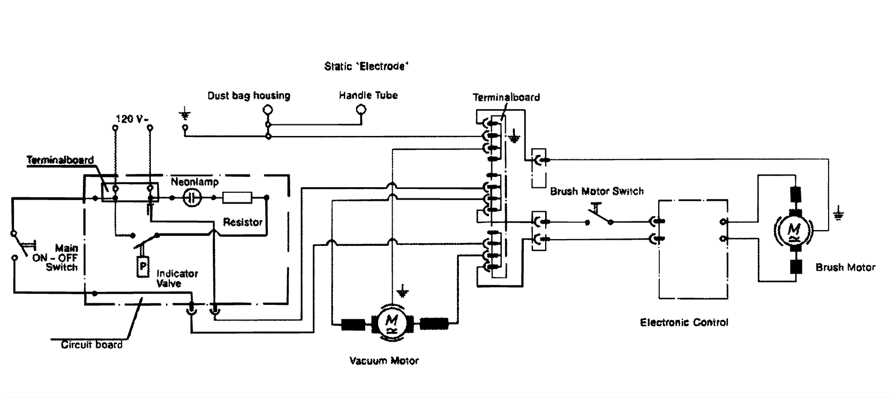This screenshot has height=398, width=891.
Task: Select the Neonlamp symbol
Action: pyautogui.click(x=192, y=197)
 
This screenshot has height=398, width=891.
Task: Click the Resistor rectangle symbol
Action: pyautogui.click(x=237, y=197)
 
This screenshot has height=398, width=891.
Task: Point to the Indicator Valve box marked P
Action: pyautogui.click(x=143, y=267)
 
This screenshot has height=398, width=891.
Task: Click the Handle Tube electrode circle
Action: pyautogui.click(x=361, y=110)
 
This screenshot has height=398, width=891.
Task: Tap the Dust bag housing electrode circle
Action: pyautogui.click(x=268, y=110)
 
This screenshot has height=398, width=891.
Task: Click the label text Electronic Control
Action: pyautogui.click(x=684, y=322)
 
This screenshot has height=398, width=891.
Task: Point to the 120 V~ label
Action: pyautogui.click(x=130, y=119)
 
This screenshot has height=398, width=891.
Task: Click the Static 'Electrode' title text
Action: pyautogui.click(x=366, y=66)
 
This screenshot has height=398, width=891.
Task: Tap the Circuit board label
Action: pyautogui.click(x=91, y=344)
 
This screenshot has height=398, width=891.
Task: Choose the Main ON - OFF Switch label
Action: pyautogui.click(x=62, y=258)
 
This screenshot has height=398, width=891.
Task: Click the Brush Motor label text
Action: pyautogui.click(x=845, y=268)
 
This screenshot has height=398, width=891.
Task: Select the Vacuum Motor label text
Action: pyautogui.click(x=384, y=361)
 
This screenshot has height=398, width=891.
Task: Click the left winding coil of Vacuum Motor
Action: pyautogui.click(x=352, y=323)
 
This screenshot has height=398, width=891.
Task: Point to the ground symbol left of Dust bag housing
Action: pyautogui.click(x=185, y=115)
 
